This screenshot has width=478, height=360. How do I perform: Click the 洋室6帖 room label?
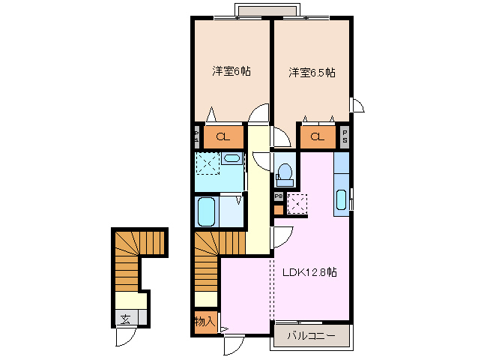click(x=231, y=71)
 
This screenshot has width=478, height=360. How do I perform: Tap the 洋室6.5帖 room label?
click(x=312, y=73)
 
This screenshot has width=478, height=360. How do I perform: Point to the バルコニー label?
click(x=310, y=336)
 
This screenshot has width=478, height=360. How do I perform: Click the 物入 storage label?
click(x=205, y=321)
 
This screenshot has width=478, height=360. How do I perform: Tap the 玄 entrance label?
click(x=124, y=319)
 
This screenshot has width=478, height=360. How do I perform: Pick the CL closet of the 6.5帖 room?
click(x=318, y=136)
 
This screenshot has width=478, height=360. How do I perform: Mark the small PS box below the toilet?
click(x=278, y=196)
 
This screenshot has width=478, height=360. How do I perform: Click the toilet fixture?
click(x=284, y=172)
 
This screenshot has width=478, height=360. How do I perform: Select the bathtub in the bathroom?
click(x=206, y=211)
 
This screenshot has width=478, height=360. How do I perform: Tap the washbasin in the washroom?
click(x=232, y=158)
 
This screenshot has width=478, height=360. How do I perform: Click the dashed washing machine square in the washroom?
click(x=206, y=163)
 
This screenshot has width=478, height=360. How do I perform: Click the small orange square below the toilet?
click(x=279, y=209)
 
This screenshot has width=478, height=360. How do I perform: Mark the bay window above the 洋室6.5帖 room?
click(x=267, y=11)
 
